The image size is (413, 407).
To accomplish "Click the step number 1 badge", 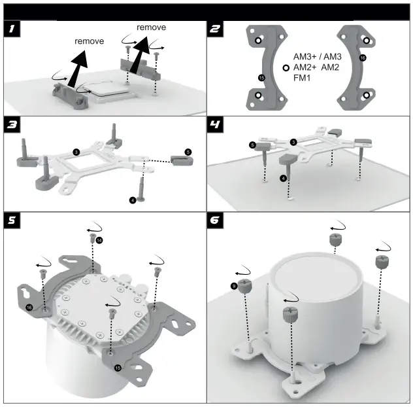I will point(11,29).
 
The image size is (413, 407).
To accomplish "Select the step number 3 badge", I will point(11,124).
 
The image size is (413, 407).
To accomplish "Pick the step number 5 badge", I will point(11,219).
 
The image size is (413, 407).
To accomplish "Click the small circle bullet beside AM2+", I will point(286,67).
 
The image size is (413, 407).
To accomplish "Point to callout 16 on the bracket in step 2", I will point(363,58).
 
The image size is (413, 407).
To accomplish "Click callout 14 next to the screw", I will point(99,241).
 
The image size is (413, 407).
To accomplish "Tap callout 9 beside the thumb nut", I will point(234,285).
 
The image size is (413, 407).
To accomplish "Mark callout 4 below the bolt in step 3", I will point(133,200).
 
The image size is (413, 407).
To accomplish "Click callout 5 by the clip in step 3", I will point(188,152).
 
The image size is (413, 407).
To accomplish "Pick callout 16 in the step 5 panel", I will point(29,307).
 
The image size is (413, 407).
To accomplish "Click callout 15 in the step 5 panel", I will point(118,368).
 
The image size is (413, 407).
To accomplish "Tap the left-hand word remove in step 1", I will point(89,41).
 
